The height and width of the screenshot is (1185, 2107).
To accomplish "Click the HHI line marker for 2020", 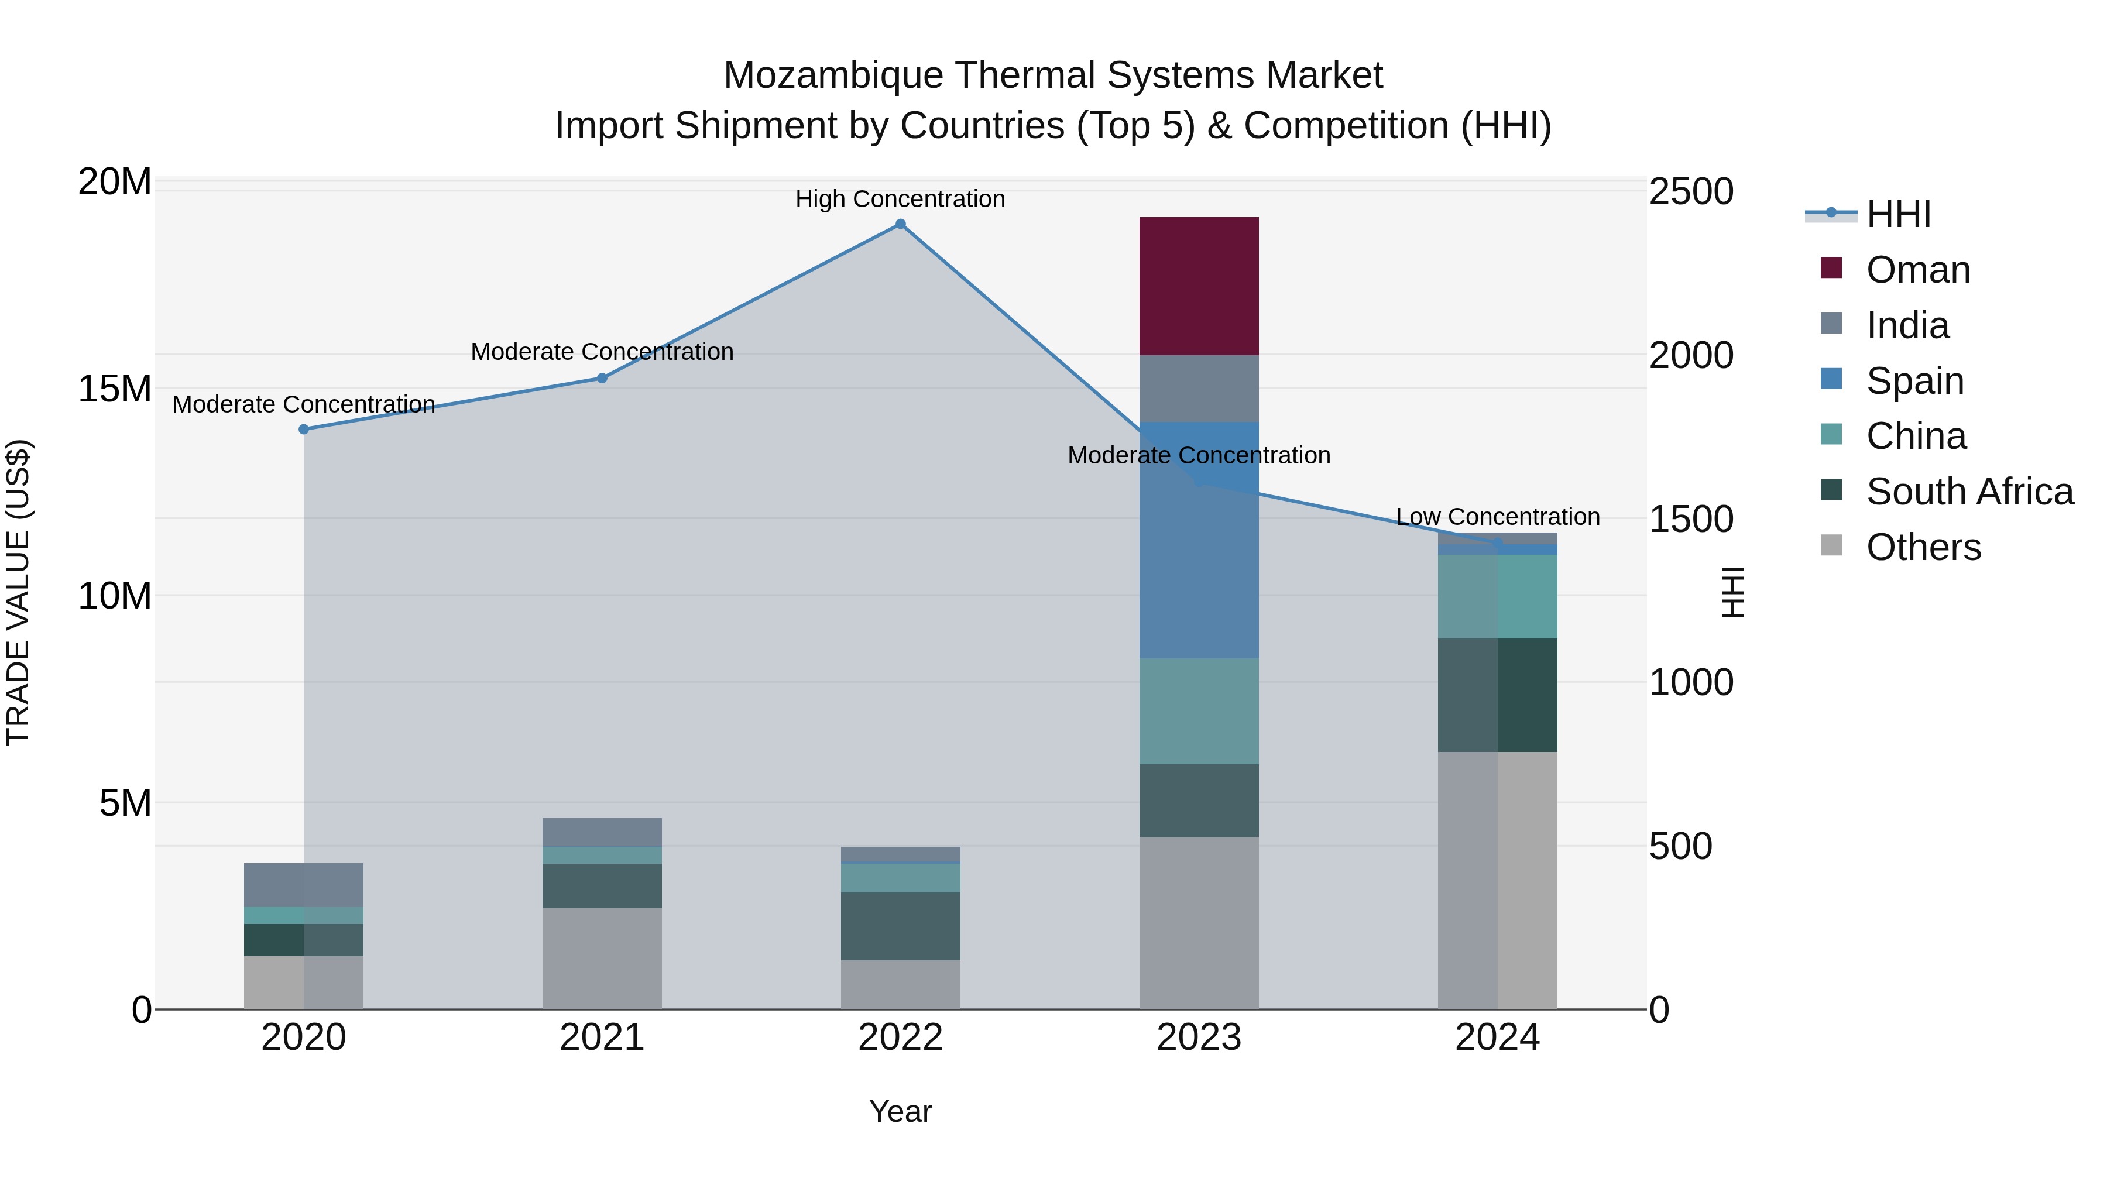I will pyautogui.click(x=303, y=430).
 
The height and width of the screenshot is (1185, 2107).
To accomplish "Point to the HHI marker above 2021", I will pyautogui.click(x=602, y=378).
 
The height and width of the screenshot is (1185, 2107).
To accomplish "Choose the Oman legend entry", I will pyautogui.click(x=1918, y=270).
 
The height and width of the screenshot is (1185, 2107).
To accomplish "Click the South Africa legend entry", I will pyautogui.click(x=1969, y=492).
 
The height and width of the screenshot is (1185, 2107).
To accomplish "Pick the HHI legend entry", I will pyautogui.click(x=1897, y=214).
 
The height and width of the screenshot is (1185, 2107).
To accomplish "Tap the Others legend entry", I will pyautogui.click(x=1923, y=547).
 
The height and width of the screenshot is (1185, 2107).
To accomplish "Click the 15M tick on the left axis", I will pyautogui.click(x=115, y=389).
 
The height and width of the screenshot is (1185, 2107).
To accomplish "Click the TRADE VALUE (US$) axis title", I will pyautogui.click(x=18, y=593).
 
